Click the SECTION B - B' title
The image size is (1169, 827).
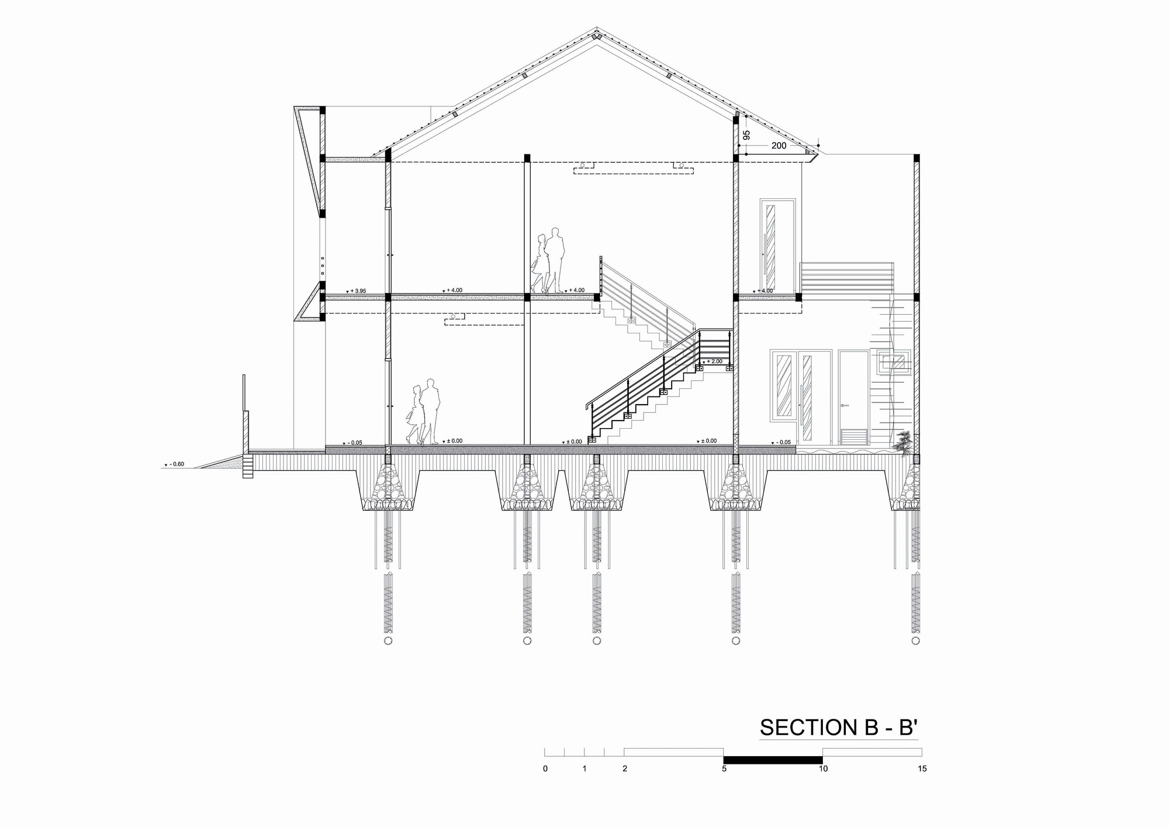pos(839,727)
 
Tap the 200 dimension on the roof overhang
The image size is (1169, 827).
pos(779,146)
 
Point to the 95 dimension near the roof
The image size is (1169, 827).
pos(746,135)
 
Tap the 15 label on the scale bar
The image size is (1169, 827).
pos(922,769)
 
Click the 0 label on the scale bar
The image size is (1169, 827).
pos(545,769)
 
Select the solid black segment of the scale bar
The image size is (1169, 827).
pos(773,760)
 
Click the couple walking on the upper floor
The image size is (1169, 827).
pos(548,260)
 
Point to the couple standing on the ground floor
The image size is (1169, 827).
pos(423,412)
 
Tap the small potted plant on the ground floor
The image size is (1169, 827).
pos(903,442)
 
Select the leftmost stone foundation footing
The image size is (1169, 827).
pos(388,485)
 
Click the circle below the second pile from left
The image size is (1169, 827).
pos(527,641)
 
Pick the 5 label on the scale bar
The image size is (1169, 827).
pos(724,769)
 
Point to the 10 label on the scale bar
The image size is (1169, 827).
pos(823,769)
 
